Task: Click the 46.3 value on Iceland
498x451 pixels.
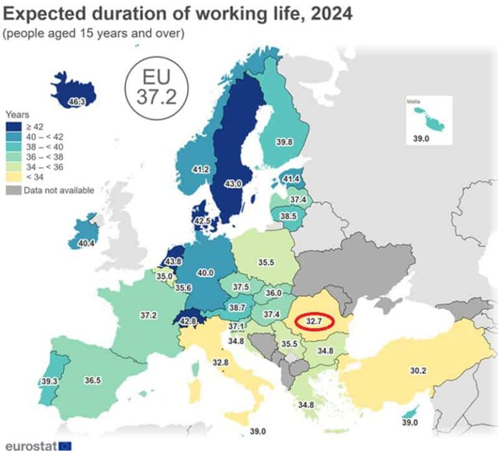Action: [x=77, y=102]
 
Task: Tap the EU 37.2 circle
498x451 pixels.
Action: [x=156, y=86]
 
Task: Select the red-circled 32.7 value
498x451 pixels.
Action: [x=313, y=321]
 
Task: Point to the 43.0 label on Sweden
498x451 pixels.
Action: [x=232, y=184]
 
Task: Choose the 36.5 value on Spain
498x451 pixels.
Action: [x=93, y=380]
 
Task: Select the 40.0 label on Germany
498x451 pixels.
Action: [x=205, y=273]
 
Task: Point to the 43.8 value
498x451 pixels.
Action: [x=173, y=262]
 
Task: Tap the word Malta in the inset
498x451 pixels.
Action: [x=414, y=102]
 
